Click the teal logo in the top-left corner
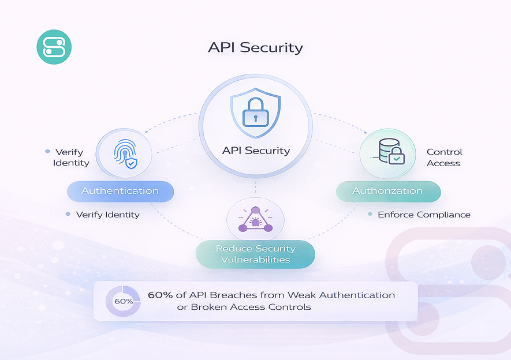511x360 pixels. tap(54, 47)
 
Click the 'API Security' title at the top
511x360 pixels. tap(255, 47)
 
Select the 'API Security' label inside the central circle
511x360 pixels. tap(256, 151)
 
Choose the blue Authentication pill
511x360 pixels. tap(120, 191)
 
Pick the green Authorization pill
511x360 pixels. tap(387, 191)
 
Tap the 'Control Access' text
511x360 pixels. tap(444, 157)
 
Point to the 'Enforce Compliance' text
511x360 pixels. tap(424, 215)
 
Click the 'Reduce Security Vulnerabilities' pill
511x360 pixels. tap(255, 254)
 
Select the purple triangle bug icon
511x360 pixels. tap(255, 220)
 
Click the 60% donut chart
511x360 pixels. tap(123, 301)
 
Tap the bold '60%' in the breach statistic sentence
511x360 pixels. tap(160, 295)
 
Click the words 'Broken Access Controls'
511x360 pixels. tap(251, 307)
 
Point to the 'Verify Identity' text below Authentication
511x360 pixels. tap(107, 215)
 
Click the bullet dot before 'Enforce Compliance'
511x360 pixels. tap(370, 214)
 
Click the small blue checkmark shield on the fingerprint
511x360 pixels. tap(132, 164)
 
